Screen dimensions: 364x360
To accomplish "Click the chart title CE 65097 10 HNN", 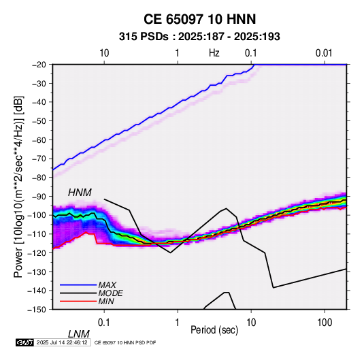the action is [x=199, y=19].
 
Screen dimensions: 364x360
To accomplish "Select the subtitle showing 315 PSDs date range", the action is [x=199, y=37].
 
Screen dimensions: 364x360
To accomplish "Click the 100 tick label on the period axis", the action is [x=325, y=323].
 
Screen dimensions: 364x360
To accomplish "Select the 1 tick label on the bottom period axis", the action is [x=178, y=323].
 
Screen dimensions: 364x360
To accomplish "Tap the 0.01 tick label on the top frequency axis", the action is [x=324, y=53].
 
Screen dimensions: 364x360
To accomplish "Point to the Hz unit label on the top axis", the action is [x=214, y=53].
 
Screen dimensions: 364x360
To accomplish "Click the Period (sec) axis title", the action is [x=214, y=330].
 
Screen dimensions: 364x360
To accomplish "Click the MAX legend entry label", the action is [x=107, y=285].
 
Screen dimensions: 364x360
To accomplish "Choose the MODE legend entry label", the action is [x=110, y=293].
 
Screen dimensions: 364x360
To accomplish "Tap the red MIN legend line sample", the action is [x=78, y=301].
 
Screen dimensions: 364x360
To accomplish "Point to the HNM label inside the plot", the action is [x=80, y=193].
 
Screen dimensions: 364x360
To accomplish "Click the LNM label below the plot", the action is [x=79, y=334].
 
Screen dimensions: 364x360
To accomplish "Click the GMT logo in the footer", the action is [x=25, y=342].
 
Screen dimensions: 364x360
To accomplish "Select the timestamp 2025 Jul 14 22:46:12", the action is [x=62, y=342].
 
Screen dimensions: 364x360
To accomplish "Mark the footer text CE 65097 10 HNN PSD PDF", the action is [x=125, y=342].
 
